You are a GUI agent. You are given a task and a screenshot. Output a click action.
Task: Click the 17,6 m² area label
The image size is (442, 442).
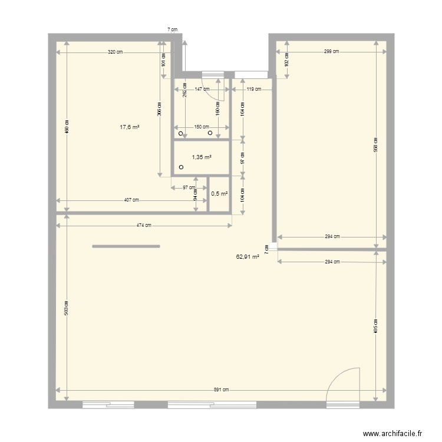point(130,127)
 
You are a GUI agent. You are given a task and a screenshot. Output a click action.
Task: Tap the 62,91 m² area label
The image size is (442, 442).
point(248,257)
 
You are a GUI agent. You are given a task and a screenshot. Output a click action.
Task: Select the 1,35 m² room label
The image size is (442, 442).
point(202,157)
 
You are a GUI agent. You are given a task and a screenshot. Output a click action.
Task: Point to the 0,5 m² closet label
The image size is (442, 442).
point(219,193)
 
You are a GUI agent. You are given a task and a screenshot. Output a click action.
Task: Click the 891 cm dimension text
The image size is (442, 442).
point(222,390)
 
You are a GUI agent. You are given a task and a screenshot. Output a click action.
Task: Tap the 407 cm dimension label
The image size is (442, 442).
point(132,200)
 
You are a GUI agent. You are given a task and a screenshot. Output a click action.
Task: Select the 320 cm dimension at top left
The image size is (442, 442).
point(116,52)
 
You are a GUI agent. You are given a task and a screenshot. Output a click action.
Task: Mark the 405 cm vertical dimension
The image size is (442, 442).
point(376,326)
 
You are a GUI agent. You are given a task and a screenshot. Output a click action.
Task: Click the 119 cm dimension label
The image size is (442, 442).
point(254,90)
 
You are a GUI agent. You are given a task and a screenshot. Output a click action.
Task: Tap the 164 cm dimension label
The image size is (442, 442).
point(243,110)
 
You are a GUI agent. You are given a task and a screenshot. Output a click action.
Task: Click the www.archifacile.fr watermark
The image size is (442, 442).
point(392,433)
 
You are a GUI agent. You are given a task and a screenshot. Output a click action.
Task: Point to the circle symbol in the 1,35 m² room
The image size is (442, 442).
point(181,167)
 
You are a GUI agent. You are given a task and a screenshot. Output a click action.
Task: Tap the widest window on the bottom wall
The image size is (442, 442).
point(212,405)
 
